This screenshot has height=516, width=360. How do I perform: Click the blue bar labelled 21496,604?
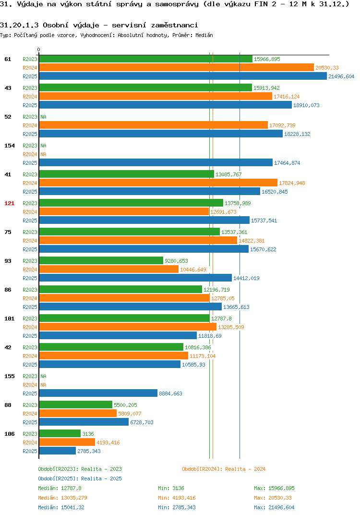pos(183,76)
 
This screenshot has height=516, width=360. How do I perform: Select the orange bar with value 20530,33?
pos(177,67)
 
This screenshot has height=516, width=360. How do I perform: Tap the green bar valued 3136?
pos(60,434)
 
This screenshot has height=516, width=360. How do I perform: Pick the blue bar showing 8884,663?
pos(98,393)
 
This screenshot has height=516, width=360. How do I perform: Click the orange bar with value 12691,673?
pos(124,211)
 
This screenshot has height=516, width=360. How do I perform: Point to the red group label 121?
pos(10,203)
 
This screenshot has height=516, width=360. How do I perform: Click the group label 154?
pos(10,146)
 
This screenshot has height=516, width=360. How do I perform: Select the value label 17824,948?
pos(292,183)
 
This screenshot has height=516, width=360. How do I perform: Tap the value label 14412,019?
pos(246,278)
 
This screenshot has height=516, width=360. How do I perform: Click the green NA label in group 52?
pos(43,117)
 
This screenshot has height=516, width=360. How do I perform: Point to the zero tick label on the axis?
pos(39,49)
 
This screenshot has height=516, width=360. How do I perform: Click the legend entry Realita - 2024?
pos(224,469)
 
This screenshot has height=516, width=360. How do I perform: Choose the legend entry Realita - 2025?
pos(80,479)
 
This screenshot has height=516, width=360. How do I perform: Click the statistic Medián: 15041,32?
pos(61,507)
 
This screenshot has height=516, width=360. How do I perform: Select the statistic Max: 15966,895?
pos(274,488)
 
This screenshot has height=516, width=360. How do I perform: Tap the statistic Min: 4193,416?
pos(177,498)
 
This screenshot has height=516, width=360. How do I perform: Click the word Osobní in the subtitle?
pos(55,25)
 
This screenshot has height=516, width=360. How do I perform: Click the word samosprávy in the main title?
pos(177,4)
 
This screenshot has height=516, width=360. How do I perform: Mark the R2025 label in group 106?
pos(30,451)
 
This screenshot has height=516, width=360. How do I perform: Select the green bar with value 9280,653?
pos(101,260)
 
